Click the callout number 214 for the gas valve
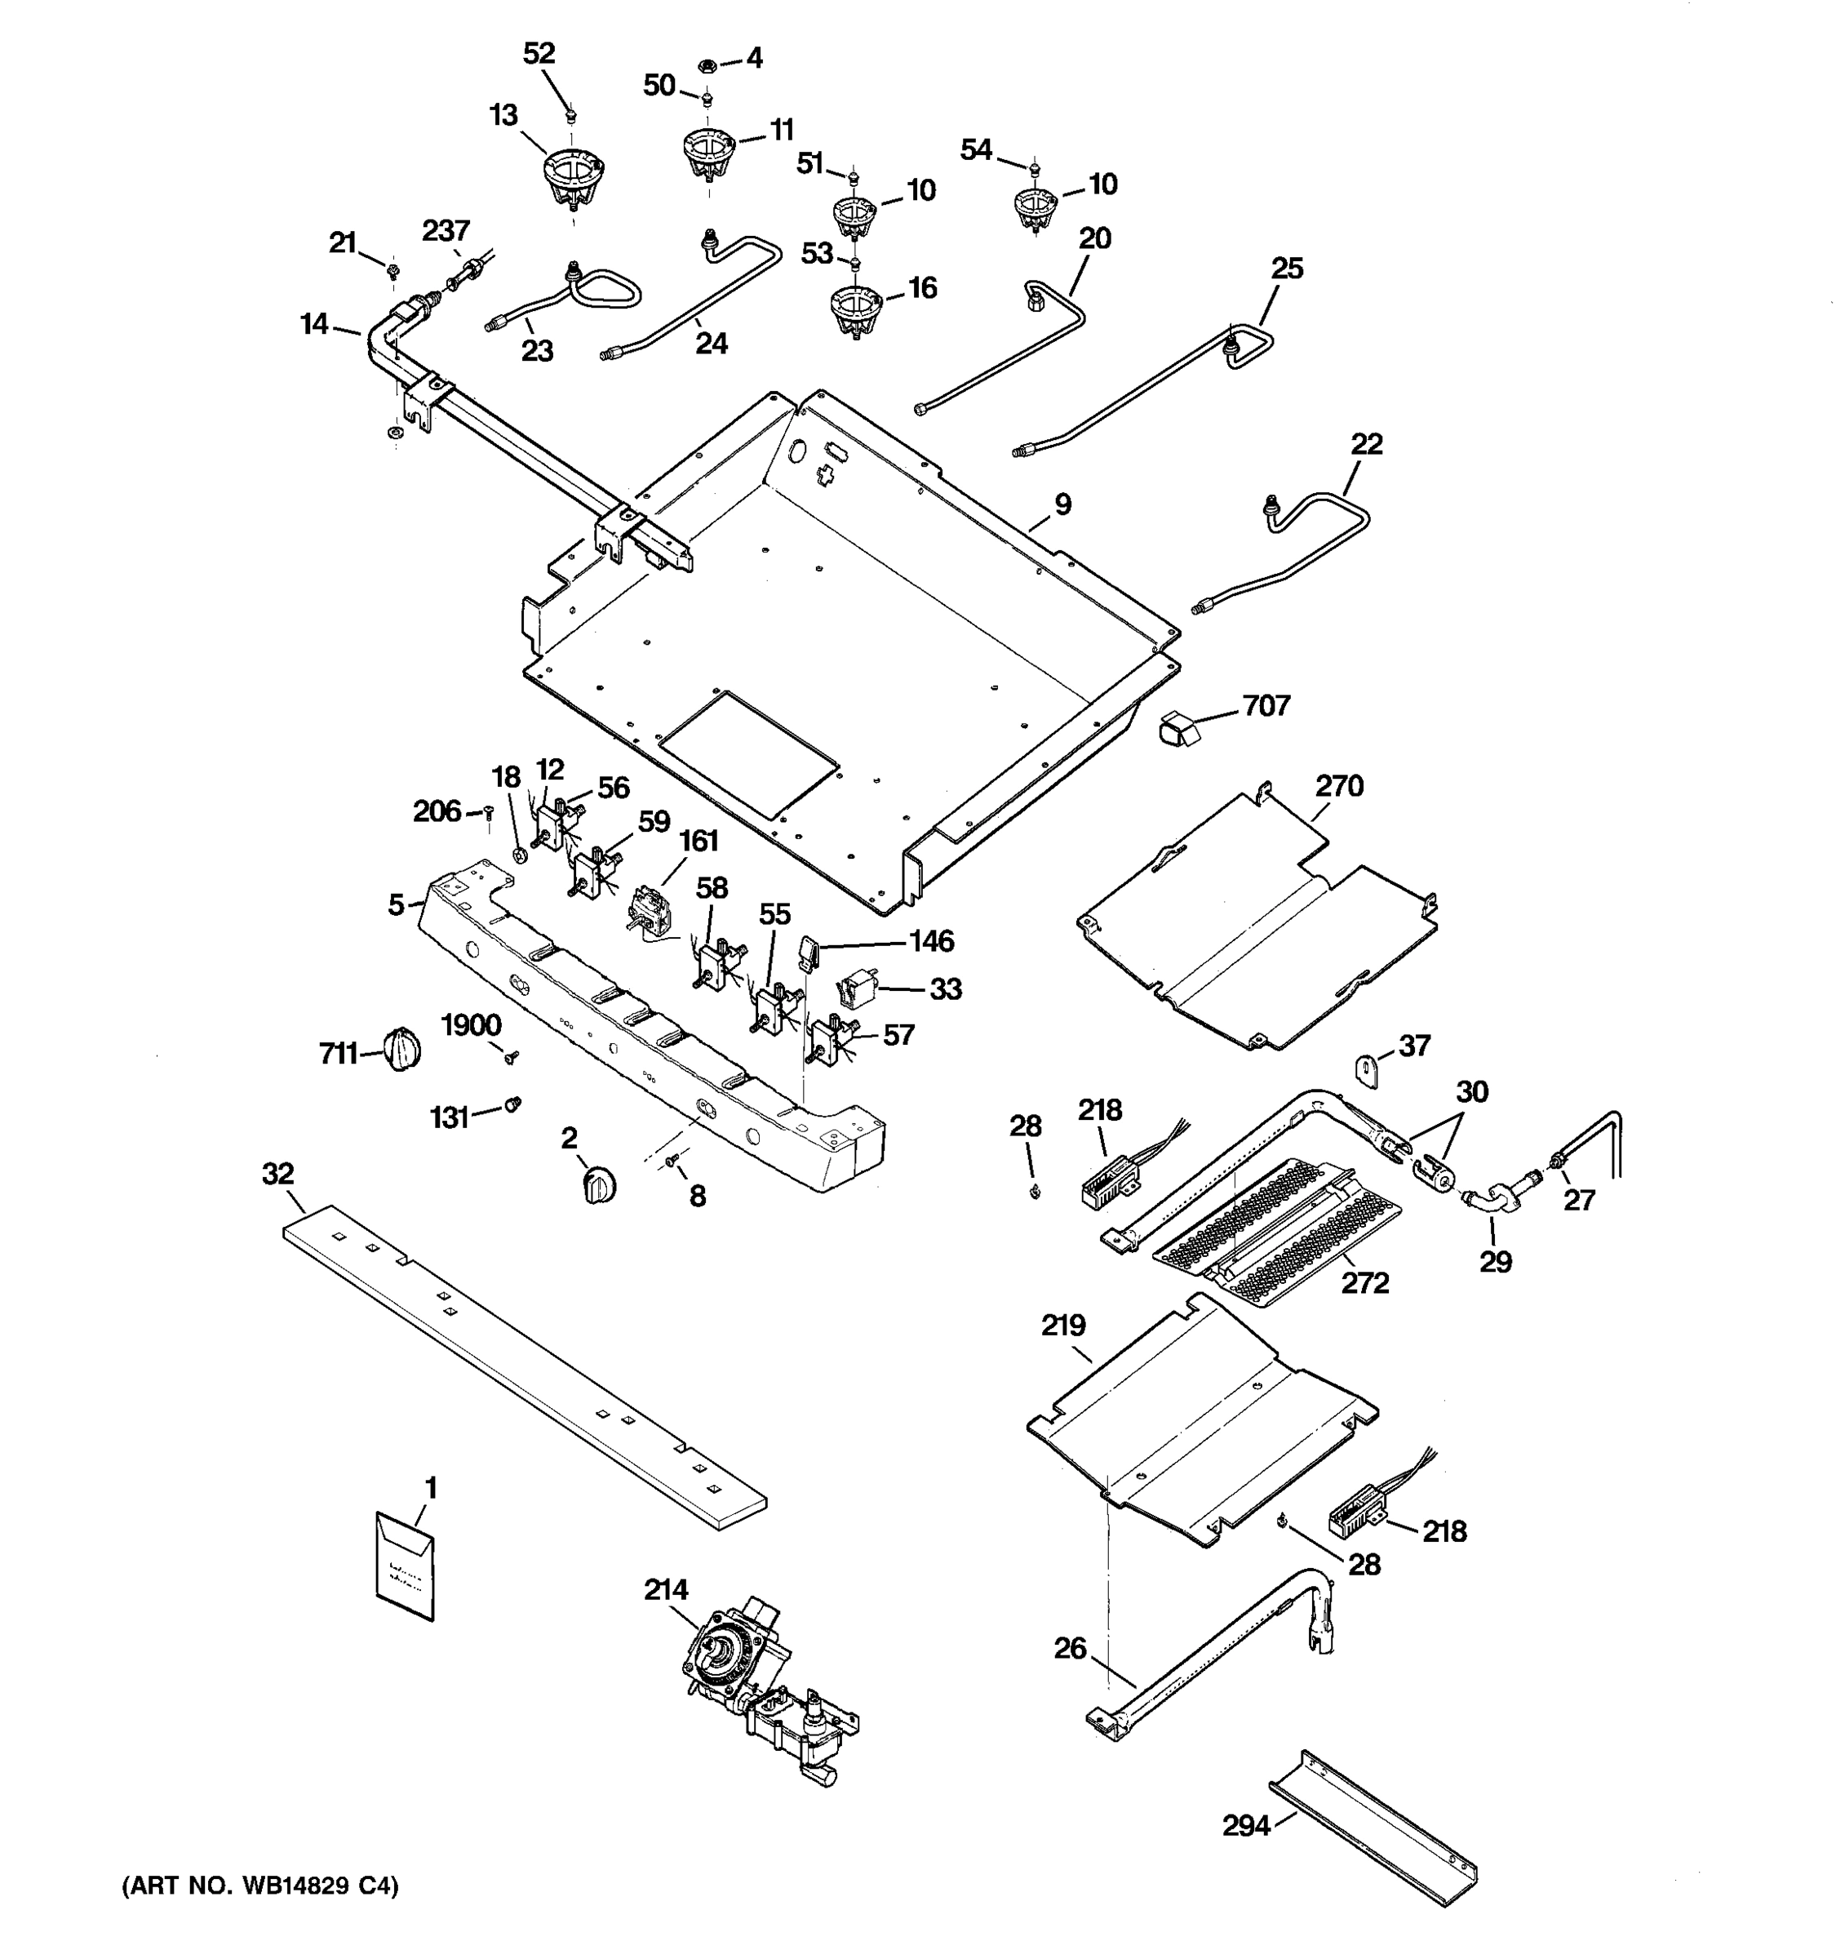[x=666, y=1589]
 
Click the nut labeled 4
[x=705, y=65]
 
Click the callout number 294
[x=1246, y=1826]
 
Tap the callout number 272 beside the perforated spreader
[x=1364, y=1283]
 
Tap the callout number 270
[x=1338, y=785]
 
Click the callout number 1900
[x=471, y=1025]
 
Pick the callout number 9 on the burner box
[x=1062, y=504]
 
